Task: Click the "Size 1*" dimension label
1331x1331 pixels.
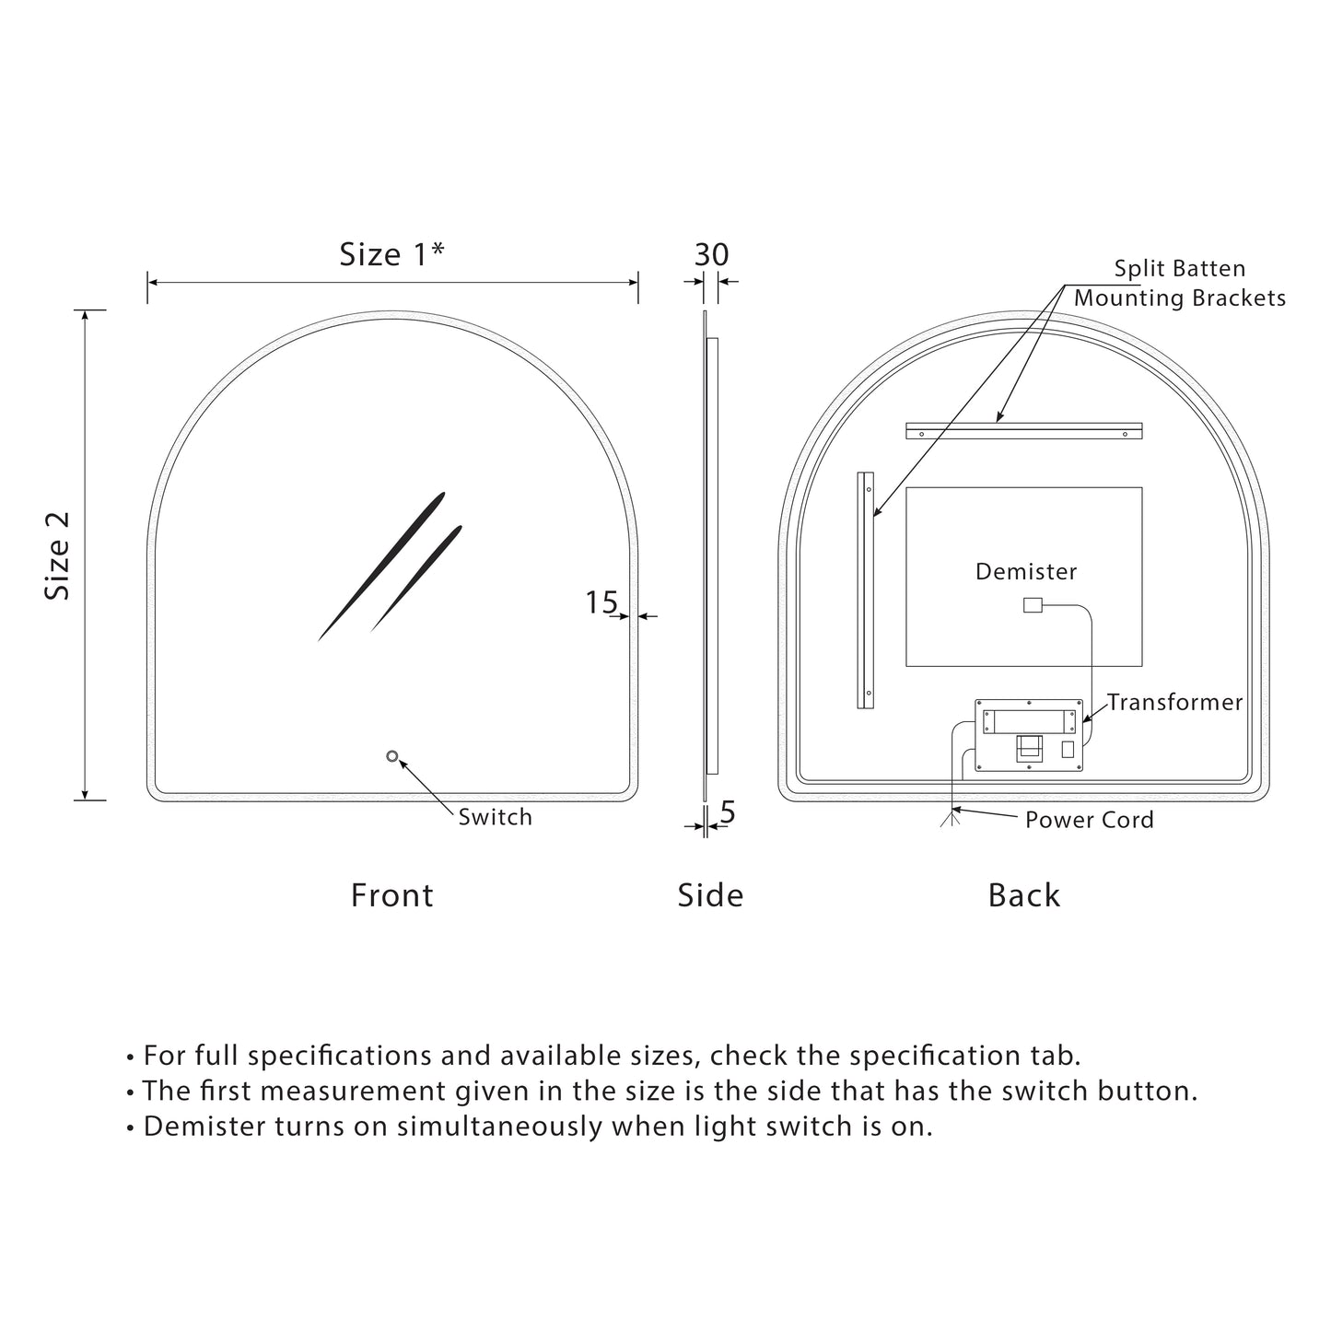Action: [x=391, y=254]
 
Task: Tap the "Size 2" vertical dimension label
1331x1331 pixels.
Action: [x=58, y=555]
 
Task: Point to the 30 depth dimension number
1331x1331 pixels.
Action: [x=711, y=254]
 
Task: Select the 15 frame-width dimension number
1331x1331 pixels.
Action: [x=601, y=602]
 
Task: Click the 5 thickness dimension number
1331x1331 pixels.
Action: [x=728, y=812]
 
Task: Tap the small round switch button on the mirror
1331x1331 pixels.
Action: [x=392, y=756]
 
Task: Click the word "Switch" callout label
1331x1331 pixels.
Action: [x=495, y=817]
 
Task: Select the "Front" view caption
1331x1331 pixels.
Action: [x=391, y=895]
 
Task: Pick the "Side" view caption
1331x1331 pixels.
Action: [x=710, y=895]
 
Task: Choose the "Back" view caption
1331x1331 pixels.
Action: [x=1023, y=895]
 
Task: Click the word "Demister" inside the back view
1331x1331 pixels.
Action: [x=1026, y=572]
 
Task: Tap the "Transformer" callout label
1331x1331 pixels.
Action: [x=1174, y=703]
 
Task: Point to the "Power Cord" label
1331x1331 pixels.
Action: [x=1089, y=820]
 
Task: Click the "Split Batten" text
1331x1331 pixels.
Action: [x=1179, y=269]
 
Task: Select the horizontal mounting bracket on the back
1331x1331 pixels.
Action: [x=1023, y=431]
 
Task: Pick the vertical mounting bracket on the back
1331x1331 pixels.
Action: [x=866, y=590]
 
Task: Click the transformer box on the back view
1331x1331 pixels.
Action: [x=1029, y=735]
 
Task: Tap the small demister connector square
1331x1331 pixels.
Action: [x=1032, y=605]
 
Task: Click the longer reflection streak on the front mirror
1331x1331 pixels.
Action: [x=381, y=566]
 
